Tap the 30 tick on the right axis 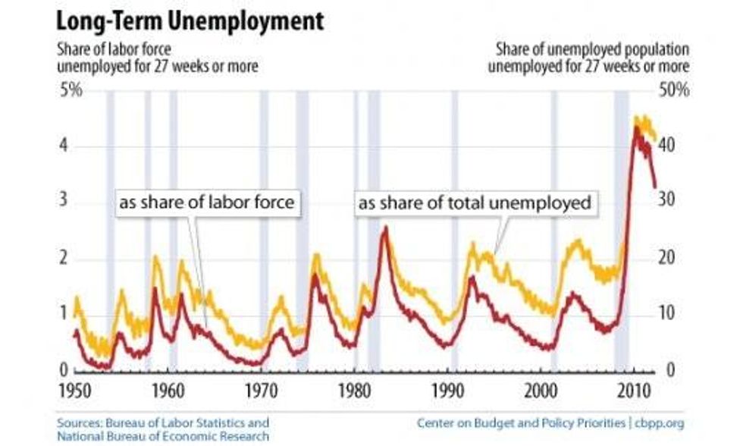(666, 200)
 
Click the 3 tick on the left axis (64, 200)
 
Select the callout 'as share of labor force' (205, 203)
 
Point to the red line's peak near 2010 (635, 127)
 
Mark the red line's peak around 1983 (385, 227)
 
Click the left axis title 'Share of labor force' (112, 50)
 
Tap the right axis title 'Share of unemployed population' (592, 50)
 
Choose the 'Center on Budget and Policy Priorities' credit (519, 422)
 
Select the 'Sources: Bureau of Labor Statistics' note (162, 422)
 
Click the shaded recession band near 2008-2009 (621, 228)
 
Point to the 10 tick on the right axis (666, 314)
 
